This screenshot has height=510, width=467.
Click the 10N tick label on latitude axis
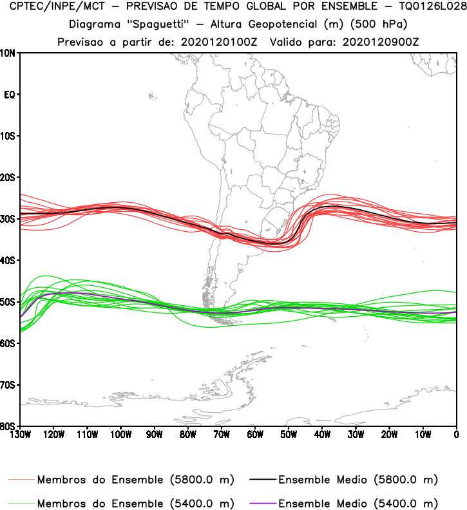point(9,53)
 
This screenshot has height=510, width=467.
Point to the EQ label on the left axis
point(10,95)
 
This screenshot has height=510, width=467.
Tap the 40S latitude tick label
point(9,260)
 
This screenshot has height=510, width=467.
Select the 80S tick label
point(9,426)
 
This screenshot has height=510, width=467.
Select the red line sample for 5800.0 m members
point(22,480)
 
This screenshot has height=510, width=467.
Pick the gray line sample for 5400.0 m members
point(22,503)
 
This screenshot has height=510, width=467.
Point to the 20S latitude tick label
point(9,177)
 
